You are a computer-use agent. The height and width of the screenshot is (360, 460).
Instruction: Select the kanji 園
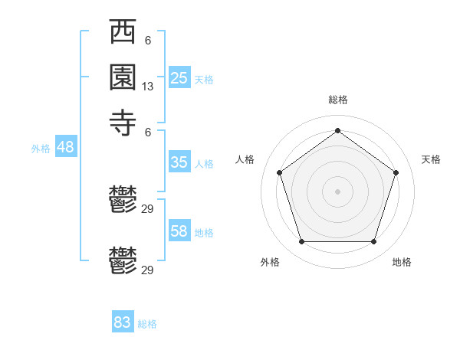123,77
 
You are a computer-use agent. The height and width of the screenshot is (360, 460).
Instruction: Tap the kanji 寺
123,122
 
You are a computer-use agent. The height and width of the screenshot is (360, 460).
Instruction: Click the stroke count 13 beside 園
148,87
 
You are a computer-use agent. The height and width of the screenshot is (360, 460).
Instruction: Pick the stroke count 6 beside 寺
148,131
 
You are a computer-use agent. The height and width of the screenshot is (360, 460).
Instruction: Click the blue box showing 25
179,77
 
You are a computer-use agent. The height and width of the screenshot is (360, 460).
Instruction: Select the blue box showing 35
179,162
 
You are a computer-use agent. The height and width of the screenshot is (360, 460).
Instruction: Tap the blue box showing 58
179,231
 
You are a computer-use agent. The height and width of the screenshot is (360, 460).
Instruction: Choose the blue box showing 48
65,147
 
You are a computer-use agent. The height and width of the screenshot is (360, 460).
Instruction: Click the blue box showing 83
123,322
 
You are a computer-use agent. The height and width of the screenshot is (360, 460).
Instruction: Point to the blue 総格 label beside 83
147,324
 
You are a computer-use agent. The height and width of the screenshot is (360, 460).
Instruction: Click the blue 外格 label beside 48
41,149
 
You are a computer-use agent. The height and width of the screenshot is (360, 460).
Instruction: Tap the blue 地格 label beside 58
204,233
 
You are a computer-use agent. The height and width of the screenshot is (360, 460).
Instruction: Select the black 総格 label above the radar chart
338,100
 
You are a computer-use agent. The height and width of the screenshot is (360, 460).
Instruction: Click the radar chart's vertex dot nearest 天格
396,172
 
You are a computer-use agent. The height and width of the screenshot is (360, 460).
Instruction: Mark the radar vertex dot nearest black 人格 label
279,172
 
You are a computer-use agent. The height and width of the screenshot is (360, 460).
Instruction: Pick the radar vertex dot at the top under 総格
338,130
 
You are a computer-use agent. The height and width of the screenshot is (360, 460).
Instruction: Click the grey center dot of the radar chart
338,191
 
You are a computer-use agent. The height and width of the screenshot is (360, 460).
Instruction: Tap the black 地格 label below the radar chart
402,263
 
